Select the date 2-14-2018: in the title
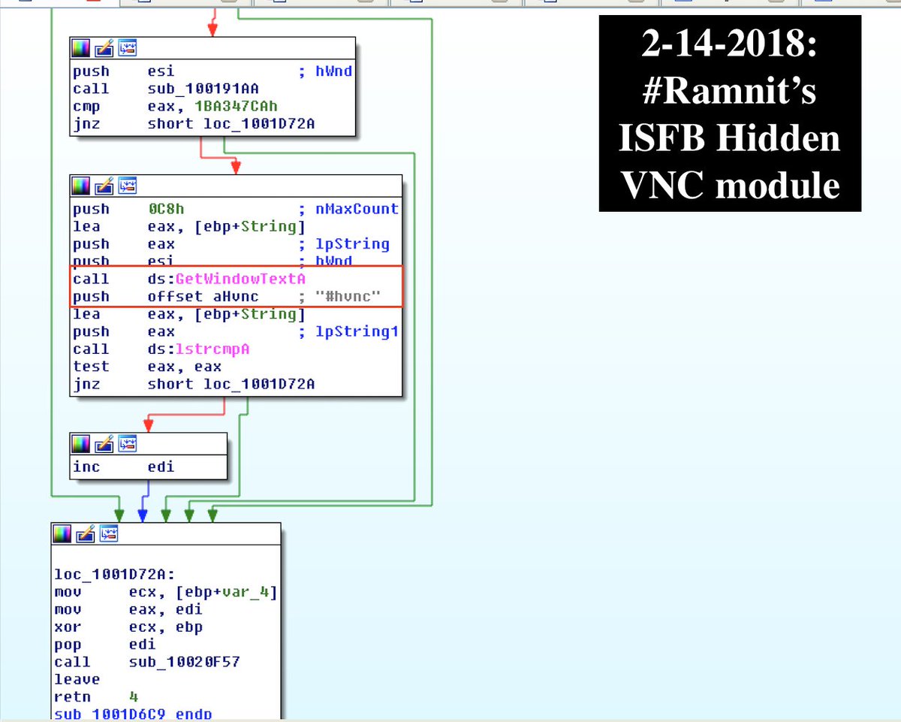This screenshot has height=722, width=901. pos(729,47)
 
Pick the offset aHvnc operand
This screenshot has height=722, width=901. pos(203,297)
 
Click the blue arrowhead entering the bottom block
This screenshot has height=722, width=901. pos(143,515)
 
